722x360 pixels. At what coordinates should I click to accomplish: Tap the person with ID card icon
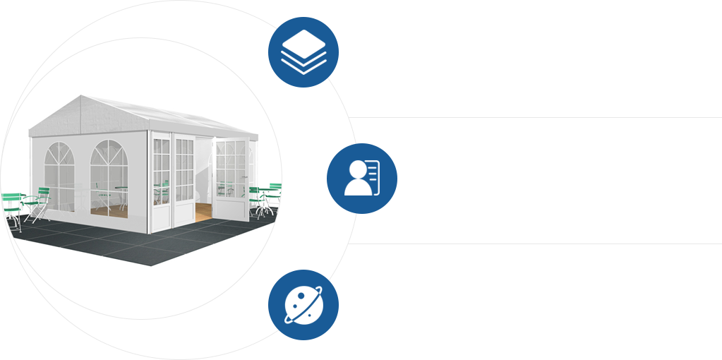(361, 178)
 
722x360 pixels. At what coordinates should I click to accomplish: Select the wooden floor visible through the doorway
(203, 211)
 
